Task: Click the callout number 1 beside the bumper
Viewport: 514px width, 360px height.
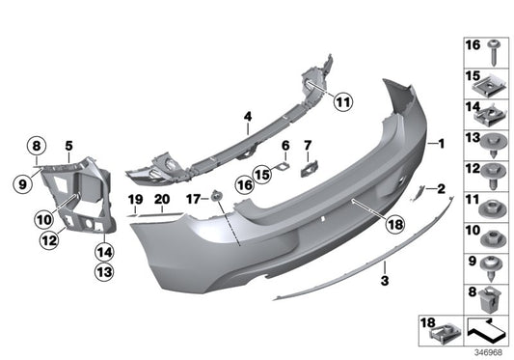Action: [x=442, y=144]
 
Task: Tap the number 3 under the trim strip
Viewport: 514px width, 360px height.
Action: [x=384, y=281]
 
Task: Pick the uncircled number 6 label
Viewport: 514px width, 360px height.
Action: [x=285, y=145]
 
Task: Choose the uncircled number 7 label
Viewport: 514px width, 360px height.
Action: [x=309, y=145]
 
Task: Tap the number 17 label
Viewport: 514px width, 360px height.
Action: [x=193, y=200]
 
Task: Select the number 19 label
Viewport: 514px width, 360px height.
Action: [x=135, y=199]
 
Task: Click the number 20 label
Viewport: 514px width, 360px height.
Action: [x=161, y=199]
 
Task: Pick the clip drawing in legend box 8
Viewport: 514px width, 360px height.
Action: [x=491, y=298]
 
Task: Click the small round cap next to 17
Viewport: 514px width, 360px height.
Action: [x=217, y=199]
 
